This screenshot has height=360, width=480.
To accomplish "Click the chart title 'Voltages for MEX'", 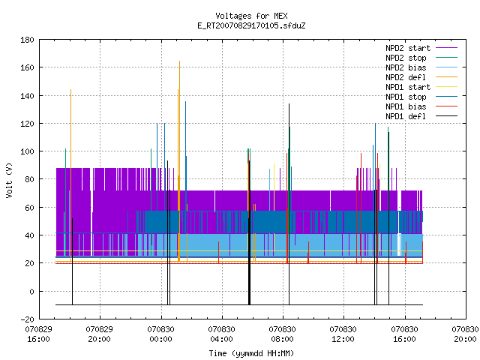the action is coord(251,16).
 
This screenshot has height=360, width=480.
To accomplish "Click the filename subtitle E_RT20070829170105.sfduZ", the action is coord(251,25).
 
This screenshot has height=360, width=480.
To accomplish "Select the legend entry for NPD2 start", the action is coord(421,48).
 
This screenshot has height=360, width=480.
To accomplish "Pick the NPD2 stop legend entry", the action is coord(421,58).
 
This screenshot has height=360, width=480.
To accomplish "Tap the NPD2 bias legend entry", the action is coord(421,67).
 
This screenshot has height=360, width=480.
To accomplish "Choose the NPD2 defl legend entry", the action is coord(421,77).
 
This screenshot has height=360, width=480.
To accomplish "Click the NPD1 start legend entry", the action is coord(421,87).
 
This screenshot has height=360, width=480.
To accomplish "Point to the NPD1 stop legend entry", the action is coord(421,97).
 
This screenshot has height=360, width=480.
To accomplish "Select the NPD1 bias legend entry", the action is coord(421,106).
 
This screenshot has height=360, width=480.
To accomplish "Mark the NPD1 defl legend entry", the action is coord(421,117).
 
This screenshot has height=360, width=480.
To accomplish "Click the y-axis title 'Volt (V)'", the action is coord(10,180).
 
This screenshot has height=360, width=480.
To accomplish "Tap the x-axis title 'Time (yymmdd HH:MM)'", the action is coord(251,353).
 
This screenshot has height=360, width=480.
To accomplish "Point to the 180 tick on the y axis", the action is coord(27,40).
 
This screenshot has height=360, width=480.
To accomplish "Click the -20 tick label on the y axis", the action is coord(27,319).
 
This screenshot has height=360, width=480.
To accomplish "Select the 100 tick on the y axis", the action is coord(27,151).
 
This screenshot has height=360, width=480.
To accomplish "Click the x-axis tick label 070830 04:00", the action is coord(222,334).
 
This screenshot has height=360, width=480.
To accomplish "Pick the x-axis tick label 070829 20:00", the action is coord(100,334).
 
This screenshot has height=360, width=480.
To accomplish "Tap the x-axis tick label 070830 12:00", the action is coord(343,334).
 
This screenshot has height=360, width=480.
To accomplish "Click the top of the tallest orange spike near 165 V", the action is coord(180,61).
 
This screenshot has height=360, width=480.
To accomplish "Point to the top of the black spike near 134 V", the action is coord(289,104).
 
